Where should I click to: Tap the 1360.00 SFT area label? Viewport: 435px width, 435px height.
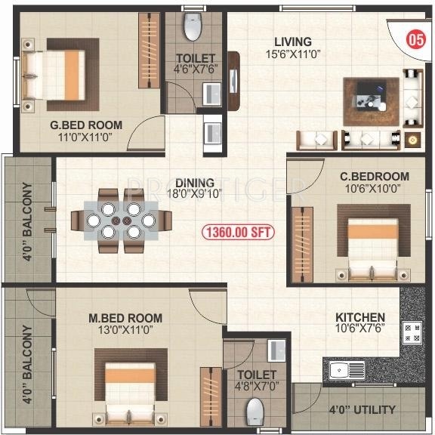point(238,232)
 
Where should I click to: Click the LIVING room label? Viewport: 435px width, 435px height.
point(293,41)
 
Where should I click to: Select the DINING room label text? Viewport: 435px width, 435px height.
point(194,183)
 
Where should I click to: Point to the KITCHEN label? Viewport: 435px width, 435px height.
point(361,317)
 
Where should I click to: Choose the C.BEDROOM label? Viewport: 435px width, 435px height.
point(375,176)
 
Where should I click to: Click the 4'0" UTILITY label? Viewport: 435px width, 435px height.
point(362,410)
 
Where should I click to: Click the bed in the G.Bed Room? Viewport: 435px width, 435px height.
point(57,66)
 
